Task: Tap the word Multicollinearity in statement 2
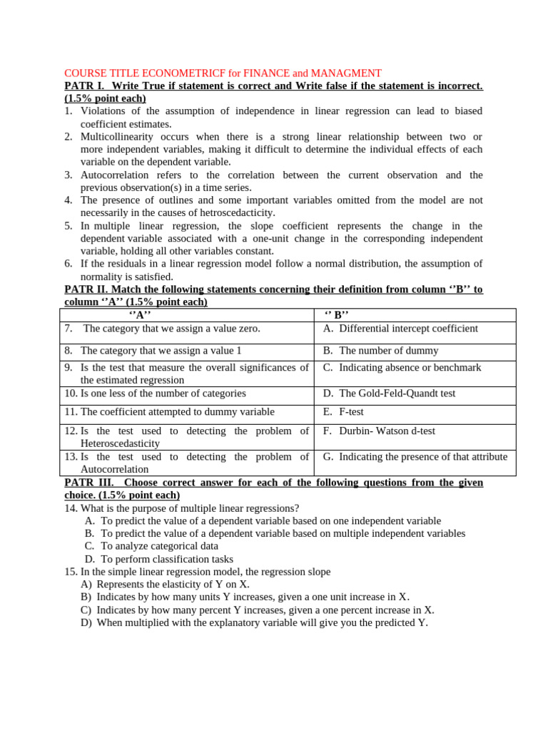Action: click(118, 137)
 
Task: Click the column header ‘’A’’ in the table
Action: click(140, 315)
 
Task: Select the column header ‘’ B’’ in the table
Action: click(337, 315)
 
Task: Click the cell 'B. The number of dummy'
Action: click(380, 351)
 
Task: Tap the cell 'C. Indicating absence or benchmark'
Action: click(402, 368)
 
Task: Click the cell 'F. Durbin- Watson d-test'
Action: click(379, 431)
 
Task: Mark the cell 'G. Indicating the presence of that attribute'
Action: click(415, 457)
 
